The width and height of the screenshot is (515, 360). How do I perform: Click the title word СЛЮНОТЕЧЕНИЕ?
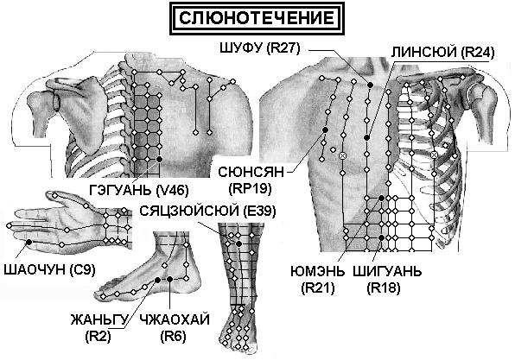coord(257,18)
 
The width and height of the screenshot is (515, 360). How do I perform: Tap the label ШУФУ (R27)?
coord(260,48)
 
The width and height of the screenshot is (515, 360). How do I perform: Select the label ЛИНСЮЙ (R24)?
coord(442,52)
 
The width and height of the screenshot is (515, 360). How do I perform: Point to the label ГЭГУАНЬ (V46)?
coord(139,190)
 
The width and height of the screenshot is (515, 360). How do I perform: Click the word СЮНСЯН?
coord(251,172)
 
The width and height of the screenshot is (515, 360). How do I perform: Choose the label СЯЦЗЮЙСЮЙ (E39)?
coord(207,211)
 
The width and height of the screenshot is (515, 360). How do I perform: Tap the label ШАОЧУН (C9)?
coord(49,269)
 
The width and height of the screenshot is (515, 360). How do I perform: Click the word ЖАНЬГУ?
coord(99,319)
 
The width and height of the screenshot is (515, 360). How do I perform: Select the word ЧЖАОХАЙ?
coord(175,319)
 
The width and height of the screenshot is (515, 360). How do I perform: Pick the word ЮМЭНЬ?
coord(318,272)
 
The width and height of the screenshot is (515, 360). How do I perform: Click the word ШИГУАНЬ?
coord(387,272)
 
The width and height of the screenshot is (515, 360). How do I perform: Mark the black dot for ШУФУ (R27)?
coord(370,85)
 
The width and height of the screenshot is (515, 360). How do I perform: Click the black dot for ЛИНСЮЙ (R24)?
coord(367,138)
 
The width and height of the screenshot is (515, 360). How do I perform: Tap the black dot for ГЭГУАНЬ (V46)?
coord(160,159)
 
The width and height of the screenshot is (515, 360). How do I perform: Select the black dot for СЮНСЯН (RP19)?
coord(326,130)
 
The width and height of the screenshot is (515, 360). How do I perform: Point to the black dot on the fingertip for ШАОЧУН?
coord(29,243)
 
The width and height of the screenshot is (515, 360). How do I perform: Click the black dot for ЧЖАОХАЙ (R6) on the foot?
coord(169,279)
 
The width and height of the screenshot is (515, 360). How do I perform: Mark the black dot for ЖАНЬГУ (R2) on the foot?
coord(157,280)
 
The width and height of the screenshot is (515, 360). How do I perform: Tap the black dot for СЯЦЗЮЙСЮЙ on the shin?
coord(238,243)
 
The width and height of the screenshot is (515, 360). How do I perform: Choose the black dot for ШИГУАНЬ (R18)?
coord(381,237)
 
